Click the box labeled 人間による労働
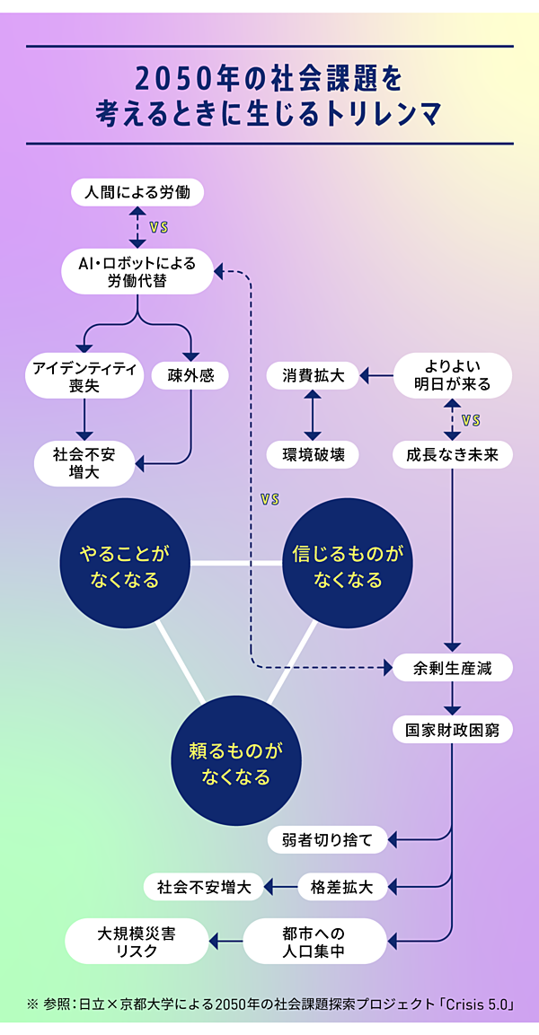click(x=137, y=191)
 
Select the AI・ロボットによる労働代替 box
click(x=137, y=270)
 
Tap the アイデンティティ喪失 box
click(x=84, y=376)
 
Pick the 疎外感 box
click(x=190, y=375)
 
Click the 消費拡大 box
click(x=312, y=375)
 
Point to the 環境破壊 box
click(x=312, y=454)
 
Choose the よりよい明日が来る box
click(x=452, y=375)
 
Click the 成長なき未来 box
click(x=452, y=454)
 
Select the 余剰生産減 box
click(x=452, y=667)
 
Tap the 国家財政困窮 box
click(x=452, y=729)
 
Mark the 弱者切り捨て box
click(x=327, y=840)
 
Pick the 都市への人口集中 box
click(x=314, y=940)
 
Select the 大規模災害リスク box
click(x=137, y=940)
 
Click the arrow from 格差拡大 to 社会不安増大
click(x=280, y=888)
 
